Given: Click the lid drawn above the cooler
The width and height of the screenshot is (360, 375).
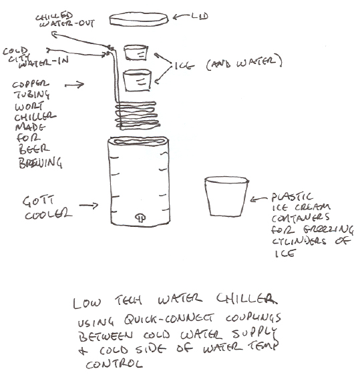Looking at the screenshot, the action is [139, 19].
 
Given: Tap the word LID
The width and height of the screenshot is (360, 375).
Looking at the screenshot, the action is [200, 16].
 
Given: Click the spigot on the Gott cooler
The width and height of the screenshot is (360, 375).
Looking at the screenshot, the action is [140, 218].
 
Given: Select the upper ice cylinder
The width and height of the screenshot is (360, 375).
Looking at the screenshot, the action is [136, 52].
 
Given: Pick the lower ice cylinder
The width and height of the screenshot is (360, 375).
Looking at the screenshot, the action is [137, 80].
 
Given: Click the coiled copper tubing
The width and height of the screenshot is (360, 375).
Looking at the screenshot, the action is [136, 115].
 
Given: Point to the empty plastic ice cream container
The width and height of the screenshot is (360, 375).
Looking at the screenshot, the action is [226, 197].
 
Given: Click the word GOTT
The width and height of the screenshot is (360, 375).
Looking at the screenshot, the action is [38, 202].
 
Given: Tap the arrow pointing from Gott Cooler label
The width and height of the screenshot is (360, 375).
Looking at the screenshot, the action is [89, 206].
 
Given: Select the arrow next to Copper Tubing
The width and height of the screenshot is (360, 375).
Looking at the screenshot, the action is [74, 85].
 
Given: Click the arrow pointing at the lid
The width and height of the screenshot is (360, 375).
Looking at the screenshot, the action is [181, 17].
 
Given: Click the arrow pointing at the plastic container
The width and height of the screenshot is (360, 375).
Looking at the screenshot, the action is [258, 199].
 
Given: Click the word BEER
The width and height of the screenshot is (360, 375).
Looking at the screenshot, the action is [34, 149].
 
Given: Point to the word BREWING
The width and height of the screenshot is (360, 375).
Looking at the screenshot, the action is [40, 163].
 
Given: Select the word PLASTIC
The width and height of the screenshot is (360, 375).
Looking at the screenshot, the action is [292, 197].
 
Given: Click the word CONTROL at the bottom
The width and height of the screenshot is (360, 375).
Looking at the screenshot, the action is [114, 364].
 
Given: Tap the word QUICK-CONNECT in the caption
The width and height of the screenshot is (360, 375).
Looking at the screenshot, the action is [168, 319].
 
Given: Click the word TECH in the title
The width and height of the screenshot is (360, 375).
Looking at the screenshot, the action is [128, 300].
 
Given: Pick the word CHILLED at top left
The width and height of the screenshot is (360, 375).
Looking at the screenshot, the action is [54, 16].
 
